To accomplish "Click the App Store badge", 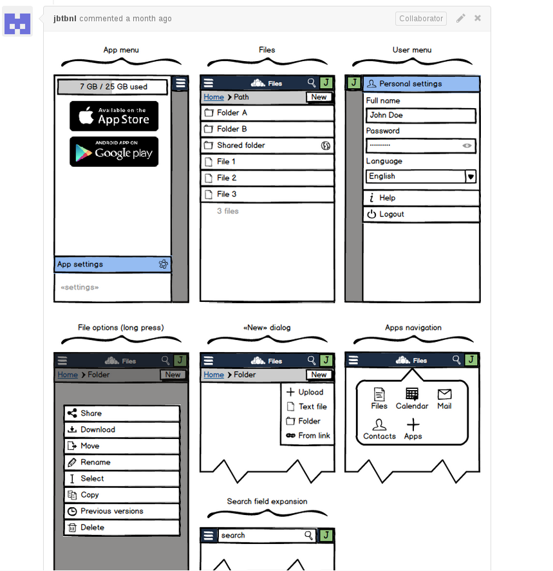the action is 114,116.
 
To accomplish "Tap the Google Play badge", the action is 114,152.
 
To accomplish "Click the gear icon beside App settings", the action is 164,264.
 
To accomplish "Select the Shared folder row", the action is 267,145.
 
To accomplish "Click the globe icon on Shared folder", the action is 326,145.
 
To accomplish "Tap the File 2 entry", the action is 267,178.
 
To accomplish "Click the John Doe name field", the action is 421,115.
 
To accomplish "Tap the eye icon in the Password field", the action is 467,146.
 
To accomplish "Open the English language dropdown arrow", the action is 471,176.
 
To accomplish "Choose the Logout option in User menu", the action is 421,214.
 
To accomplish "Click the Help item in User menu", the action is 421,198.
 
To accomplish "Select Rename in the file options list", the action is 122,462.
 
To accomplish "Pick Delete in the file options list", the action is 122,527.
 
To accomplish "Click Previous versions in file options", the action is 122,511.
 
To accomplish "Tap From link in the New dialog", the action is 308,436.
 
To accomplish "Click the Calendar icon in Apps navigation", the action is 412,395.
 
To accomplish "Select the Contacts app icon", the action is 380,426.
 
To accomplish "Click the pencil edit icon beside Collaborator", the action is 461,18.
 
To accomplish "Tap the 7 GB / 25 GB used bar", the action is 113,86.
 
